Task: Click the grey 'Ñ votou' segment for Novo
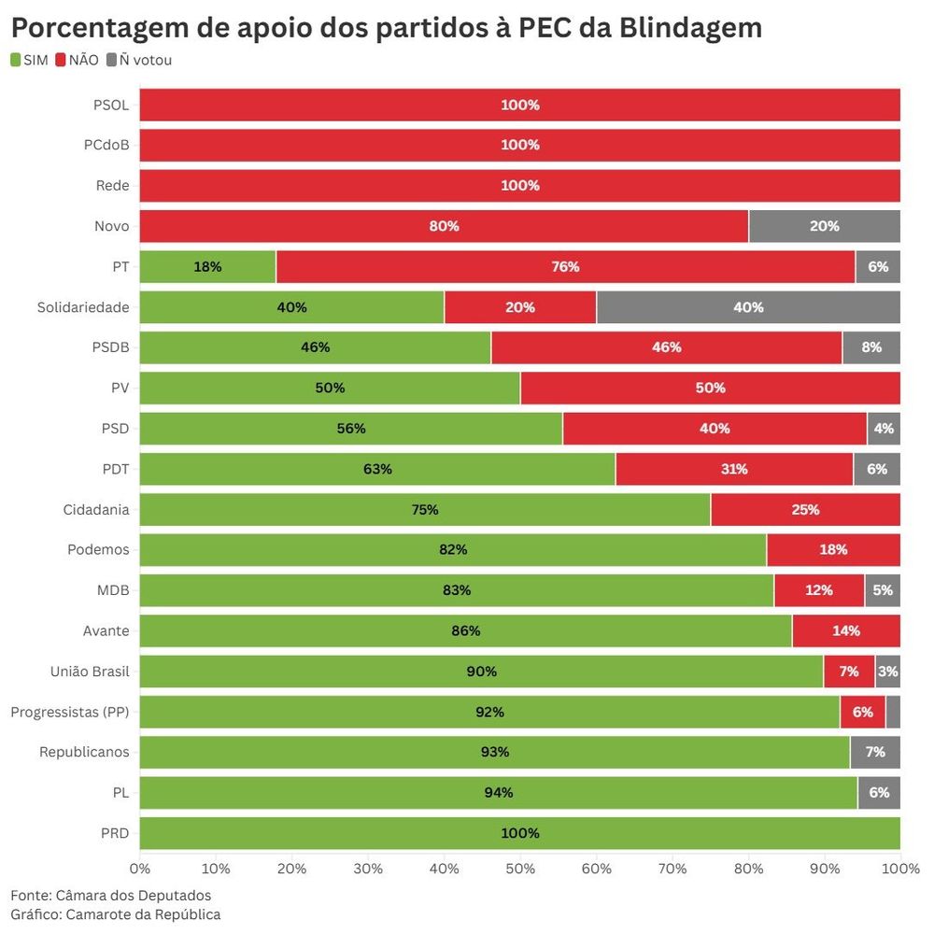(824, 226)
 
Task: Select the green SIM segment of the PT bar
(207, 266)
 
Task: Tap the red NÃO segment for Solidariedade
(520, 307)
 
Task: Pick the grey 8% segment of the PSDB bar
(871, 347)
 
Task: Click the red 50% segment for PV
(710, 388)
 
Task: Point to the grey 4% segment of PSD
(884, 429)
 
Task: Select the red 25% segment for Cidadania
(805, 510)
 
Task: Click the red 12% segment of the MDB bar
(819, 590)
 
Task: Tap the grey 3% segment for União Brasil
(887, 672)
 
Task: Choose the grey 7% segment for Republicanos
(875, 752)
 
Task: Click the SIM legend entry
(29, 61)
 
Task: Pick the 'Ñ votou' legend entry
(139, 61)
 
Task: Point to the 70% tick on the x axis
(672, 868)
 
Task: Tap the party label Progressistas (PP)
(70, 712)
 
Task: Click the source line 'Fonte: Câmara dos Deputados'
(110, 896)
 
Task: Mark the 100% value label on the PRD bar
(520, 833)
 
